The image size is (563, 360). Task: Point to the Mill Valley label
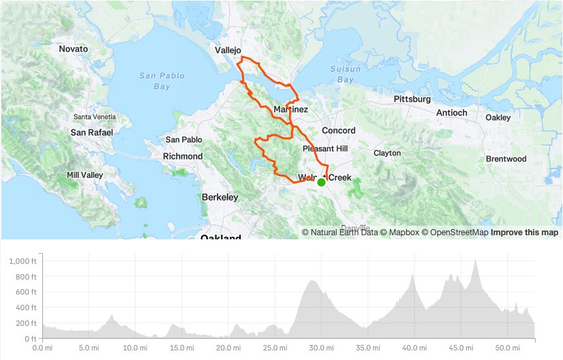pyautogui.click(x=85, y=175)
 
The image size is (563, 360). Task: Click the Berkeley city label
pyautogui.click(x=219, y=197)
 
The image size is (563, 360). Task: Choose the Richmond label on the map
pyautogui.click(x=182, y=156)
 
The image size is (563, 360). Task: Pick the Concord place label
pyautogui.click(x=338, y=130)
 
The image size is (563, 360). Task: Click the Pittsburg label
pyautogui.click(x=412, y=99)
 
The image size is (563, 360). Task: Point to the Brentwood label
pyautogui.click(x=506, y=159)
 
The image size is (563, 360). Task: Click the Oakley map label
pyautogui.click(x=497, y=117)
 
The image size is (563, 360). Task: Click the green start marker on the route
pyautogui.click(x=321, y=182)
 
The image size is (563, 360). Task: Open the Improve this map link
pyautogui.click(x=525, y=232)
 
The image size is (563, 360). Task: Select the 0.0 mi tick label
pyautogui.click(x=43, y=347)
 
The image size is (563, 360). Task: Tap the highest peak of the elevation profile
pyautogui.click(x=475, y=260)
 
